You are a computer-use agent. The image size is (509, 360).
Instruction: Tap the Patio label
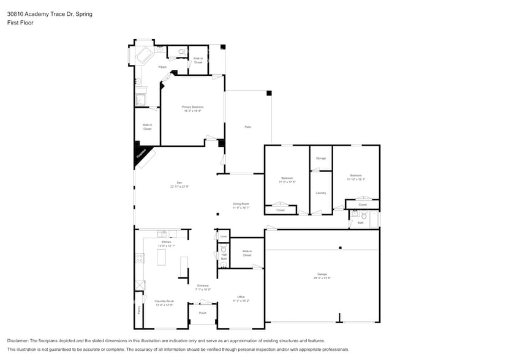click(x=248, y=127)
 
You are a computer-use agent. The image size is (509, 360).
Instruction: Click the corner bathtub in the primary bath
click(x=145, y=57)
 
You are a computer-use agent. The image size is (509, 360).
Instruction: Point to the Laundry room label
click(x=320, y=193)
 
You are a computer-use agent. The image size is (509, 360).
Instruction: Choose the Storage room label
click(x=320, y=159)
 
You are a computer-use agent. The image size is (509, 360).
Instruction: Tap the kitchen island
click(x=162, y=258)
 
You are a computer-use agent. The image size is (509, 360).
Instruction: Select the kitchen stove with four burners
click(x=140, y=258)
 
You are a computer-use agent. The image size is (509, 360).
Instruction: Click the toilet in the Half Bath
click(x=224, y=249)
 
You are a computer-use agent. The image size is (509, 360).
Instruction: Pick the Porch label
click(x=202, y=313)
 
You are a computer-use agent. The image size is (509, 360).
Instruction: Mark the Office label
click(x=241, y=298)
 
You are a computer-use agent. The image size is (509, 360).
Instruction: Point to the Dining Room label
click(x=240, y=205)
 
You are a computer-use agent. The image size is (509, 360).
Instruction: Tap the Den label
click(x=179, y=183)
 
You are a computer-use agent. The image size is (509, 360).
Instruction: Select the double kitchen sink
click(x=163, y=234)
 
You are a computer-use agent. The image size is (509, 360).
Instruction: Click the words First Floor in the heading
click(x=20, y=23)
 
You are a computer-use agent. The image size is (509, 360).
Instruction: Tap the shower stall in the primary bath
click(x=141, y=98)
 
